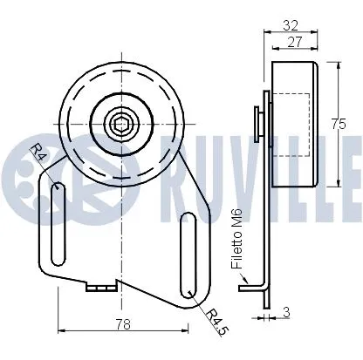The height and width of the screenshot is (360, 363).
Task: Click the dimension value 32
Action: point(291,26)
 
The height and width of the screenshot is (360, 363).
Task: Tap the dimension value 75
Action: point(339,124)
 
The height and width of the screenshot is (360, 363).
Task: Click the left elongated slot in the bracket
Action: point(57,221)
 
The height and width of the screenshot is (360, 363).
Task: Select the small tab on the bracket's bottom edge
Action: point(103,286)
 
